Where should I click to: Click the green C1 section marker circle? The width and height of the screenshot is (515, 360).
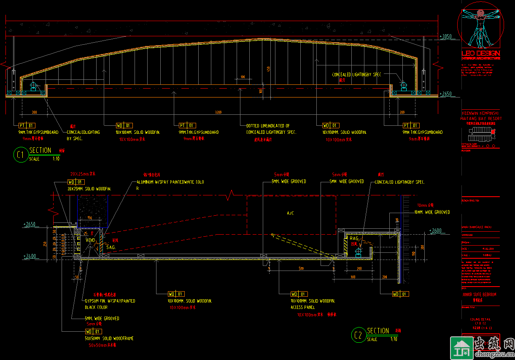point(20,154)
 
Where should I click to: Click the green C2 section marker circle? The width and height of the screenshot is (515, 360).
point(358,335)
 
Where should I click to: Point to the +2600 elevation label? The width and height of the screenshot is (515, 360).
point(435,230)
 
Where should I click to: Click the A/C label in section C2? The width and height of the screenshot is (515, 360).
point(290,214)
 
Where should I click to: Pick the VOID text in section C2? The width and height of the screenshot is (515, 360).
point(90,240)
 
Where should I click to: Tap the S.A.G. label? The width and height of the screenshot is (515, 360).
point(111,247)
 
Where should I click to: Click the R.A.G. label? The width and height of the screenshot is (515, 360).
point(354,239)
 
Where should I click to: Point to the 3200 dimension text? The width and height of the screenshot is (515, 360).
point(218,113)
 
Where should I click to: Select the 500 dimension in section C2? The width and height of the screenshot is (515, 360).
point(301,268)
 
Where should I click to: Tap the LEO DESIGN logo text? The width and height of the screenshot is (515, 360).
point(480,53)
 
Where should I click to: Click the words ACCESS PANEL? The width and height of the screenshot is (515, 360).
point(302,307)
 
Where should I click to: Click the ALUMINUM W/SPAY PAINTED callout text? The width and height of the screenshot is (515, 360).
point(170,182)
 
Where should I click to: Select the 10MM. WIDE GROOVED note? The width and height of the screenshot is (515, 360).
point(432,212)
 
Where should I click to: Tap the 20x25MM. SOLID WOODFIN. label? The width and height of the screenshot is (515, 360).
point(89,189)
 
